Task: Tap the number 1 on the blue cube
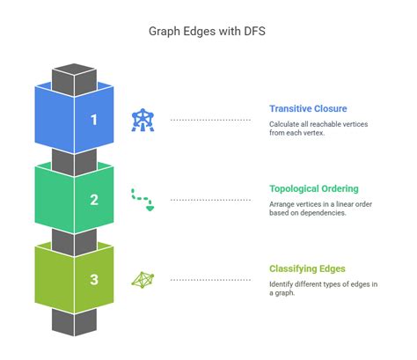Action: (x=94, y=120)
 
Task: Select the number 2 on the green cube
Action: (x=94, y=199)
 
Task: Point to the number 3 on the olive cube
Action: (x=94, y=280)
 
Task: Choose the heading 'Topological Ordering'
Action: (x=313, y=188)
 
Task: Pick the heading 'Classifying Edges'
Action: (x=307, y=268)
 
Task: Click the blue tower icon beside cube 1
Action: (x=141, y=119)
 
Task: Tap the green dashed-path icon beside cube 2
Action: (x=141, y=199)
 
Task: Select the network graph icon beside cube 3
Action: (x=141, y=280)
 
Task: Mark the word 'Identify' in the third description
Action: (x=283, y=283)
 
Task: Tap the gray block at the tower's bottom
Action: (x=74, y=321)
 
